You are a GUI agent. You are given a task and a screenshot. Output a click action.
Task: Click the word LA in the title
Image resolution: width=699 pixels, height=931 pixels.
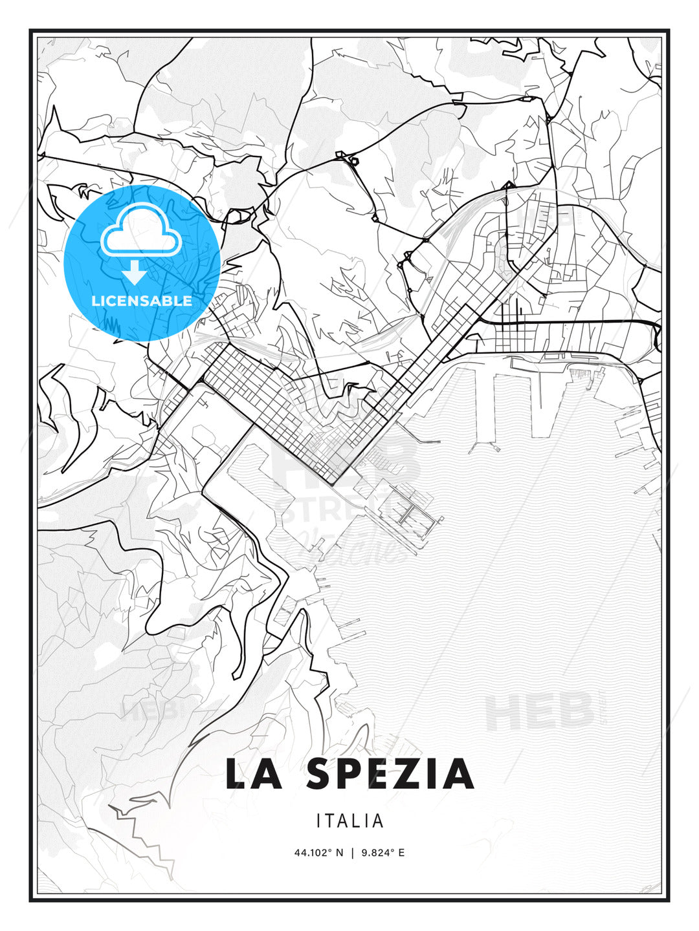254,775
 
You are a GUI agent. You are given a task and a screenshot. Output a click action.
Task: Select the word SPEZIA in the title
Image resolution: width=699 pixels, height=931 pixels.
390,775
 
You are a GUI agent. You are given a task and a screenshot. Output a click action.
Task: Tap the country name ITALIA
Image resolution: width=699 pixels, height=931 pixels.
350,821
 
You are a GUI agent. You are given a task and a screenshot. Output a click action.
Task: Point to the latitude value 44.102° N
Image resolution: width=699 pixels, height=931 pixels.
319,853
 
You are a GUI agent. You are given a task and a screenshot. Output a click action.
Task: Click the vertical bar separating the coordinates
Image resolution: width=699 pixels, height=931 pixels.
352,853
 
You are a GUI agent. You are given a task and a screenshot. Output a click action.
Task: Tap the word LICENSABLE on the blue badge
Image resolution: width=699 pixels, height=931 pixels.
142,301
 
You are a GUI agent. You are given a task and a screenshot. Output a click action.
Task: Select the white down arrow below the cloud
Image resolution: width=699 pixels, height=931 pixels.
135,273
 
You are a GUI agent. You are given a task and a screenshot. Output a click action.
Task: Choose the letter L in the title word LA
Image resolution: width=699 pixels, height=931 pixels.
237,775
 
